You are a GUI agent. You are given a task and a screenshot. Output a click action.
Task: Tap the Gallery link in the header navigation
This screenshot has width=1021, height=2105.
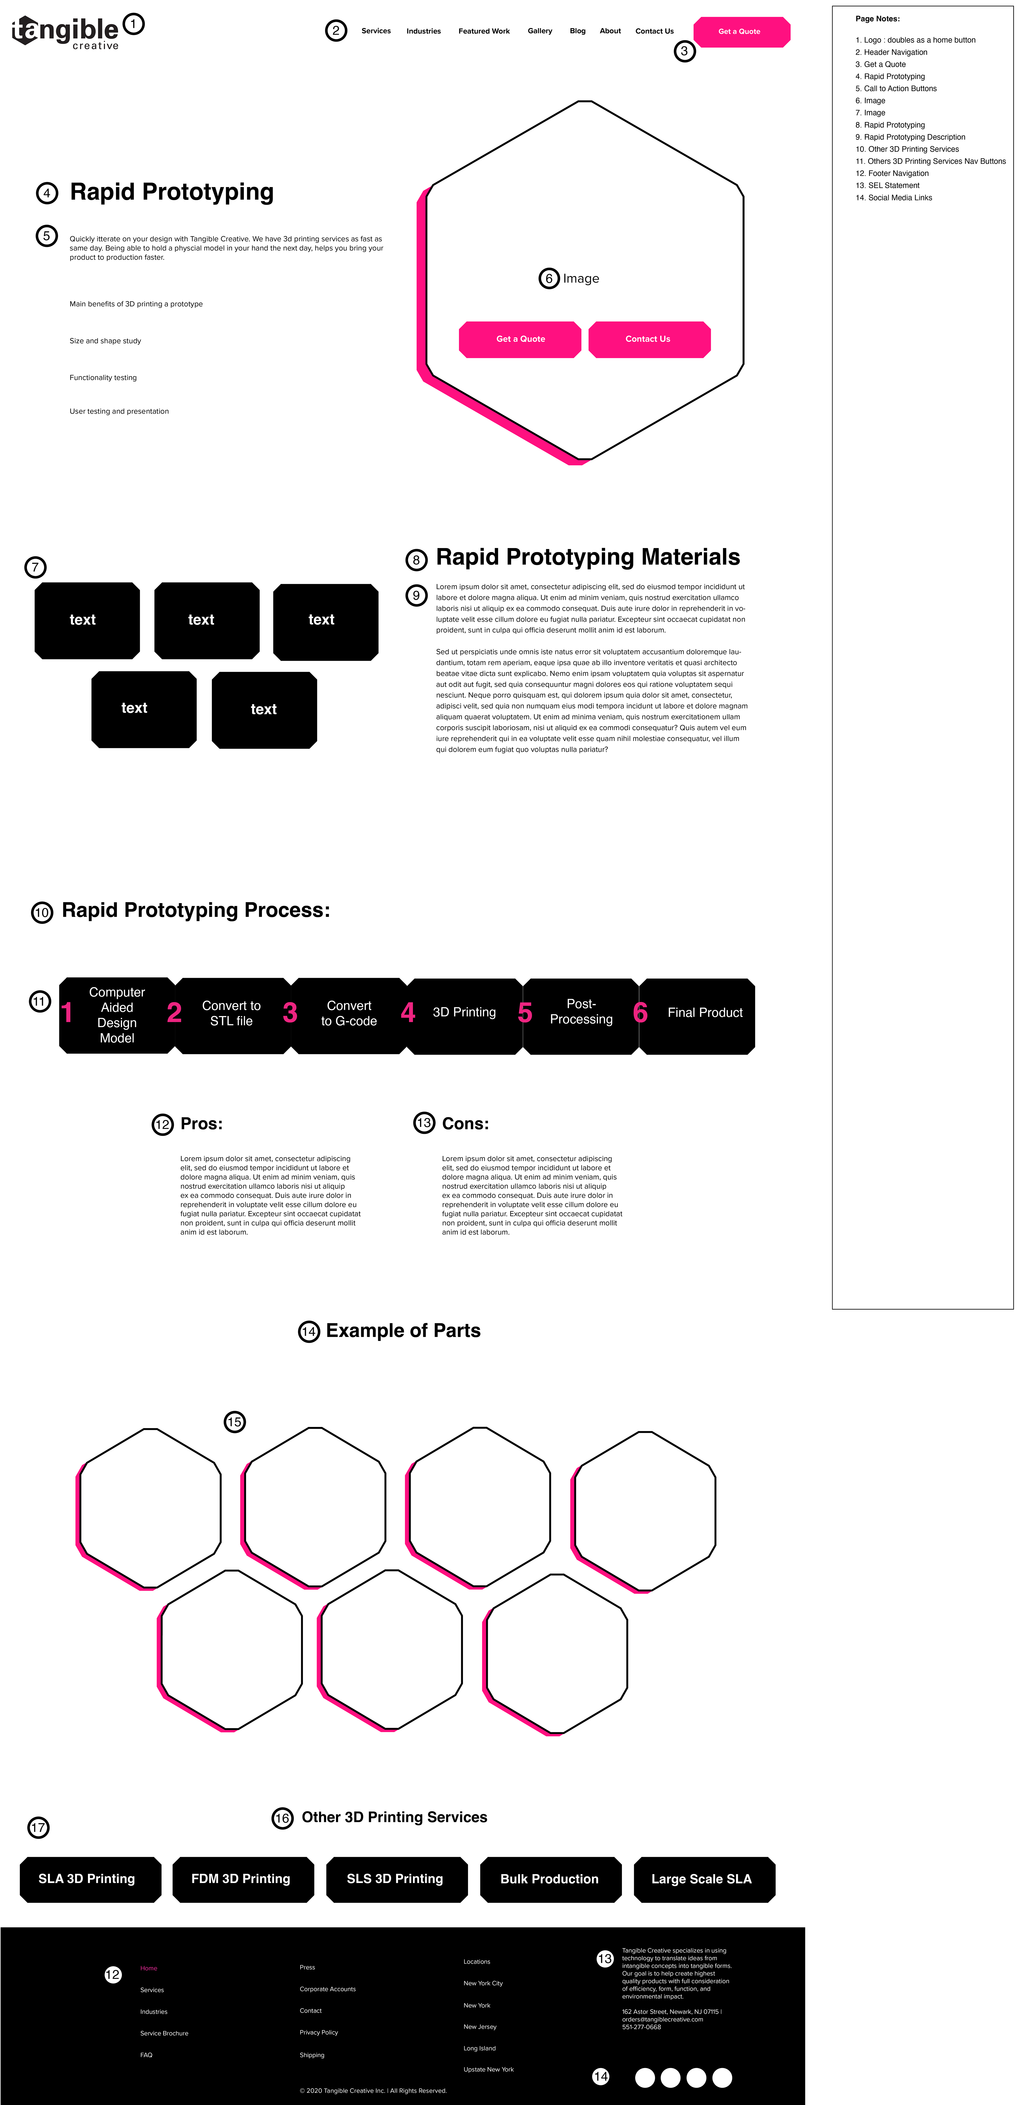point(539,31)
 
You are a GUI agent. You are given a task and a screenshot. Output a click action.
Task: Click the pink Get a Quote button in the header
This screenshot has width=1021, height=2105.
point(740,32)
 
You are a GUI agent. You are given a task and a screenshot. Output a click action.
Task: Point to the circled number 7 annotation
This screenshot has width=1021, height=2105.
point(35,567)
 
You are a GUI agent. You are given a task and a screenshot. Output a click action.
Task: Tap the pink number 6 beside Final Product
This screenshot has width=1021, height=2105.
point(640,1013)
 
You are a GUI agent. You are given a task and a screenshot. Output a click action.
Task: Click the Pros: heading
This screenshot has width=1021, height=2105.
point(201,1123)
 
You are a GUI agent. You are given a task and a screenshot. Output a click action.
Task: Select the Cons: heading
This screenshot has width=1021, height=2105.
point(465,1123)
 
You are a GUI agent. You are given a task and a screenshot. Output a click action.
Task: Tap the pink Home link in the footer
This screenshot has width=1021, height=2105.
point(149,1969)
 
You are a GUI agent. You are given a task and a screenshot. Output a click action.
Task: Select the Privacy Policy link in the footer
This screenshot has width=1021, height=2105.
point(319,2032)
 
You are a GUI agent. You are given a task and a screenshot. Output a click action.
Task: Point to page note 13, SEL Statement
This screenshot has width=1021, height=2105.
point(892,186)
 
